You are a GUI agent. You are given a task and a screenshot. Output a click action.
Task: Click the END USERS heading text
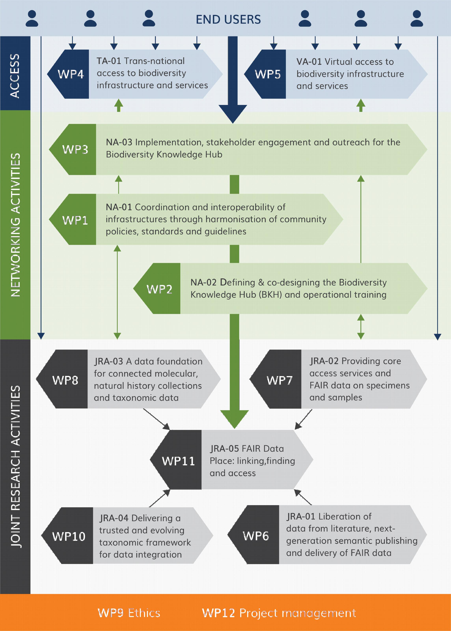point(228,20)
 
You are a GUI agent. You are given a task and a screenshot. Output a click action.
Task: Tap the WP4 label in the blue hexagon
point(71,74)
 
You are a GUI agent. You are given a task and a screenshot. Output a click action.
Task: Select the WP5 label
point(268,74)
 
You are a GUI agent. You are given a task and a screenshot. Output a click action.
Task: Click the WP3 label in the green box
point(75,149)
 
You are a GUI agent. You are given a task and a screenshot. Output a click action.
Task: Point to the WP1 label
point(75,220)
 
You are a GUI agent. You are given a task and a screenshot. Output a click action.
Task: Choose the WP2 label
point(159,289)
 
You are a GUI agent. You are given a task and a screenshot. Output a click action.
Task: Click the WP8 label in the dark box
point(65,380)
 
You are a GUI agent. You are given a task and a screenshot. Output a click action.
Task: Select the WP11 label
point(178,461)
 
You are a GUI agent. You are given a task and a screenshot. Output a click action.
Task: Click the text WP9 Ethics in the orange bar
point(129,613)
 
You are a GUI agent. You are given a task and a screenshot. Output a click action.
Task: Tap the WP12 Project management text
point(279,613)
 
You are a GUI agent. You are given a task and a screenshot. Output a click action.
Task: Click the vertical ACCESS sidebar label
point(15,76)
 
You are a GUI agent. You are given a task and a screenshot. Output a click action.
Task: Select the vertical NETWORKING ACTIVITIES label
point(16,225)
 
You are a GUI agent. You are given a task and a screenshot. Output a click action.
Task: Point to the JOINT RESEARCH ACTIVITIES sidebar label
point(16,467)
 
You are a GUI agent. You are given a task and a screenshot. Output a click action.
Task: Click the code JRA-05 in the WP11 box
point(224,449)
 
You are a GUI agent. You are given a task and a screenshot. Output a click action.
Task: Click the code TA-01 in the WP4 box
point(109,61)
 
